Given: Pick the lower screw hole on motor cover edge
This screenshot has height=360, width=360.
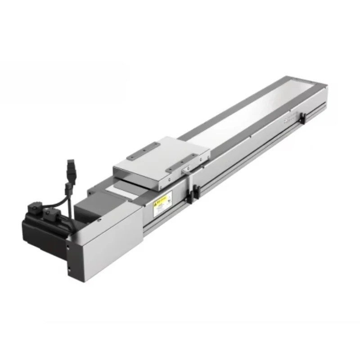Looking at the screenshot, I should pyautogui.click(x=69, y=271).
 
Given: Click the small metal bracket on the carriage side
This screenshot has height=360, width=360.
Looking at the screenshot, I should pyautogui.click(x=185, y=171).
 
